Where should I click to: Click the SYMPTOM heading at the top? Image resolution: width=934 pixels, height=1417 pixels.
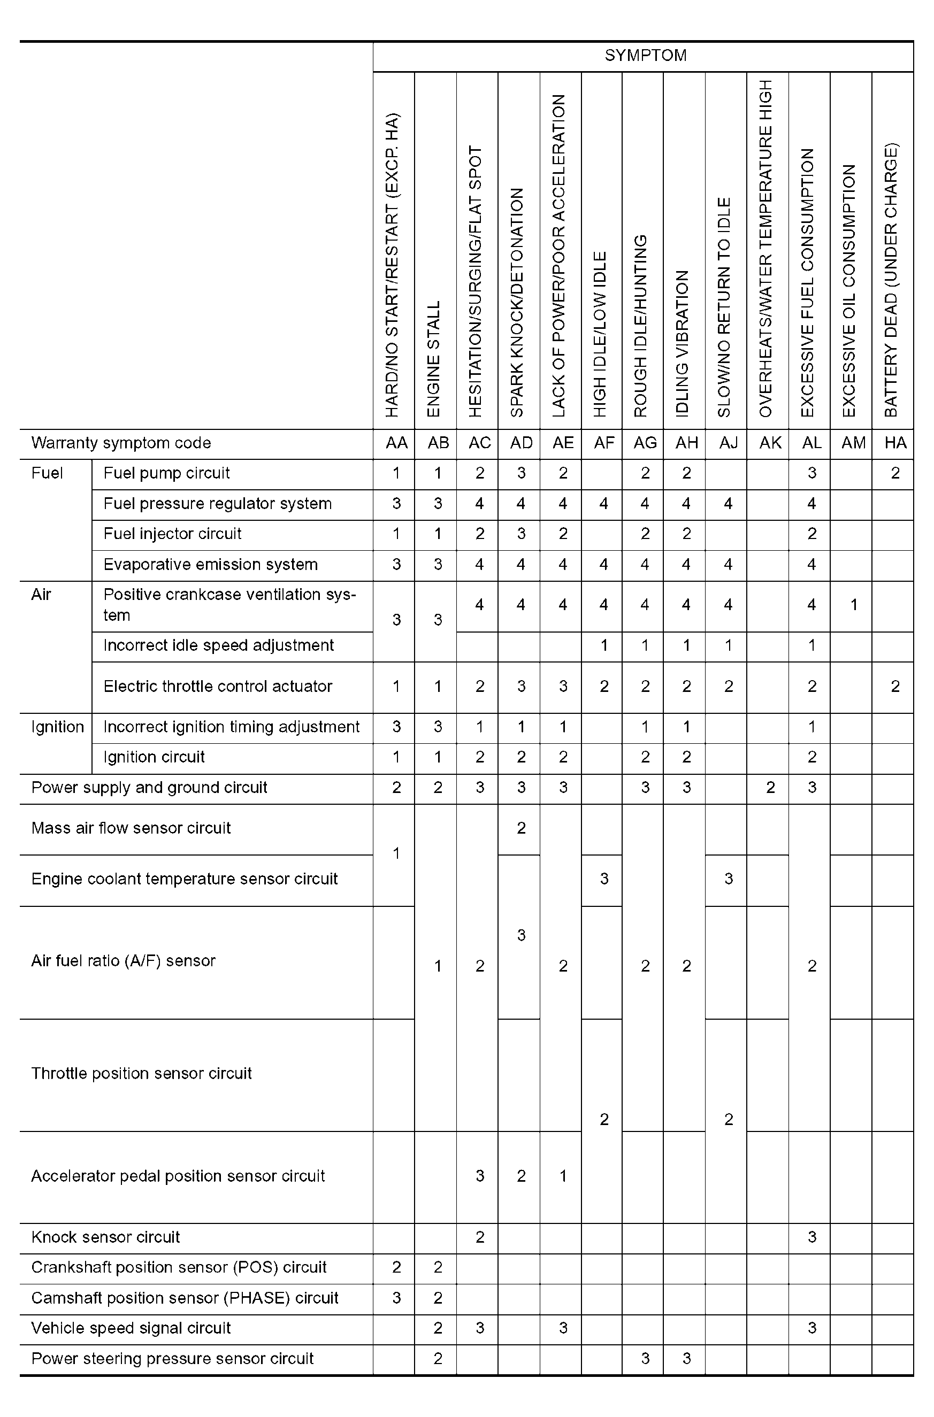(x=645, y=56)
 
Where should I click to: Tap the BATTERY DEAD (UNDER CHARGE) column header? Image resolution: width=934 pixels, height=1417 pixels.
(x=891, y=280)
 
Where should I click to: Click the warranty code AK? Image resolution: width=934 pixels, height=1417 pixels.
(x=770, y=443)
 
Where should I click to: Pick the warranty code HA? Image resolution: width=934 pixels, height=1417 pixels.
(x=895, y=443)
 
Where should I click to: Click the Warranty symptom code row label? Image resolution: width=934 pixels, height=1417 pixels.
(x=121, y=443)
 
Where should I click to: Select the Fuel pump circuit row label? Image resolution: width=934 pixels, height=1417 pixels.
(x=166, y=473)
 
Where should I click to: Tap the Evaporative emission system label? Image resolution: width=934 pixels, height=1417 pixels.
(x=210, y=565)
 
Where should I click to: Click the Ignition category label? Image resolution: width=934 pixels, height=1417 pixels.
(x=57, y=727)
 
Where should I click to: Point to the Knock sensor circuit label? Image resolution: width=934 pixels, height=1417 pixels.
(x=105, y=1237)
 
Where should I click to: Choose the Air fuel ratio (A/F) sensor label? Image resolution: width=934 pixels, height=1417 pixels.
(x=123, y=961)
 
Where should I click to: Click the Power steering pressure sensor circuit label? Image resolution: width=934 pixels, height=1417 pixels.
(x=172, y=1359)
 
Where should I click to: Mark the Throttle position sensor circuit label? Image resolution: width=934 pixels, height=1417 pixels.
(x=141, y=1074)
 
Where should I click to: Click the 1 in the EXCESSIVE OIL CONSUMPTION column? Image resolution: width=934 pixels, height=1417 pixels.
(x=853, y=605)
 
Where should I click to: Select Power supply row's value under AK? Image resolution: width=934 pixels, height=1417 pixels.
(x=770, y=788)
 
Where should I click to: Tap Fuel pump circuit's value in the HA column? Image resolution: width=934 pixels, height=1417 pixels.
(x=895, y=473)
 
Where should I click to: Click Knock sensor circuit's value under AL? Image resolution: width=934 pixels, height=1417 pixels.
(x=811, y=1237)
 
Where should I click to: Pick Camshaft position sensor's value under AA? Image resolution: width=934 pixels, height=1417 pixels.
(x=396, y=1298)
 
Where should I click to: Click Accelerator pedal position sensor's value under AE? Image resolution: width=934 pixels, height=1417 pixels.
(x=562, y=1176)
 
